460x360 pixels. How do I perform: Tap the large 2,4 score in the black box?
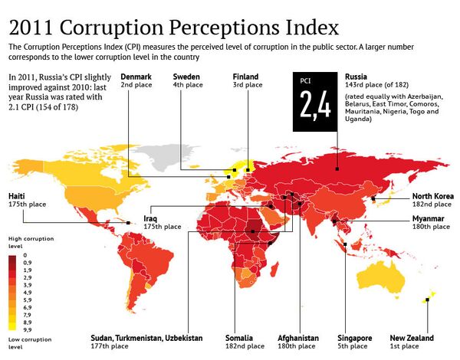(315, 106)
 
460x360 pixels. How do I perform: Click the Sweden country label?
(187, 77)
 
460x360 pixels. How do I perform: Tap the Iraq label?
(151, 218)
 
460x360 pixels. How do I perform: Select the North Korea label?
(432, 195)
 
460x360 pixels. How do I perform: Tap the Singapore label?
(355, 338)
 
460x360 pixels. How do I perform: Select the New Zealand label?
(411, 338)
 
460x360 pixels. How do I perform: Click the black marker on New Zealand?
(426, 300)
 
